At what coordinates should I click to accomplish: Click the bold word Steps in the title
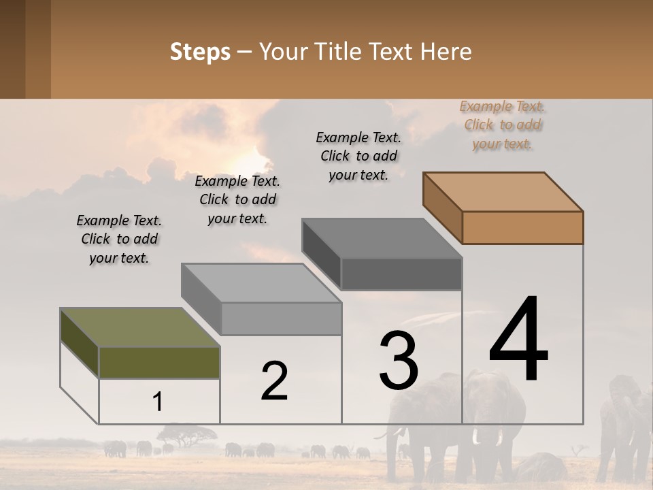(x=200, y=52)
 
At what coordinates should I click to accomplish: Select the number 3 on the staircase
(x=398, y=361)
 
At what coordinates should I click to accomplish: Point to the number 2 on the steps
(x=274, y=381)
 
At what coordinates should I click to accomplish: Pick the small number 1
(x=158, y=402)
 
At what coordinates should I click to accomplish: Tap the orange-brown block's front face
(x=522, y=227)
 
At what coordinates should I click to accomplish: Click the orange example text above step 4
(x=503, y=125)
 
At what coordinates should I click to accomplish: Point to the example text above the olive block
(x=119, y=239)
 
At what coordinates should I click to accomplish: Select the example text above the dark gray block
(x=358, y=156)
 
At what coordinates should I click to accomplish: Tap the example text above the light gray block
(x=237, y=199)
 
